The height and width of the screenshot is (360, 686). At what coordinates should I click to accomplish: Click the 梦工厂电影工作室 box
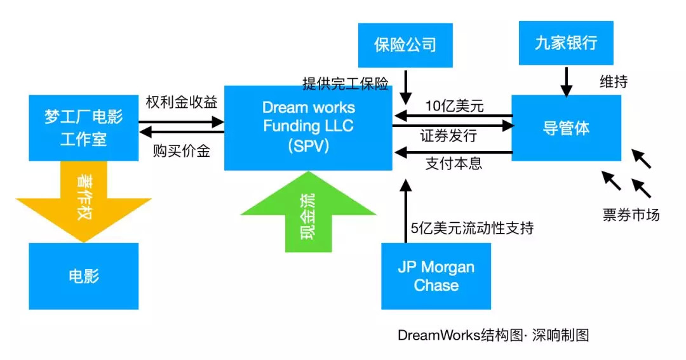point(84,127)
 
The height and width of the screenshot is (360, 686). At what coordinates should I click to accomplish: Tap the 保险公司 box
point(405,45)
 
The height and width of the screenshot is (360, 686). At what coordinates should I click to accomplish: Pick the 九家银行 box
point(566,43)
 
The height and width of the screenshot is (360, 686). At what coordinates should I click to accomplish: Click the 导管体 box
point(567,128)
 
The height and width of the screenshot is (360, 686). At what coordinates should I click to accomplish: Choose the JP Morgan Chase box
point(436,276)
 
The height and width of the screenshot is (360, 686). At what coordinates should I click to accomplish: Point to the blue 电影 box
point(84,276)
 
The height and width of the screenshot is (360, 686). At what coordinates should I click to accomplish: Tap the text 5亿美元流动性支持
point(472,229)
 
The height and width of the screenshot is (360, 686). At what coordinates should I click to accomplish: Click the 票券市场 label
point(631,215)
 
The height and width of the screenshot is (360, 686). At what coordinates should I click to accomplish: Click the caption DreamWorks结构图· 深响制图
point(493,335)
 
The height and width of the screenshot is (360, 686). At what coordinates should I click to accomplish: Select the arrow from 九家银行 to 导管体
point(566,79)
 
